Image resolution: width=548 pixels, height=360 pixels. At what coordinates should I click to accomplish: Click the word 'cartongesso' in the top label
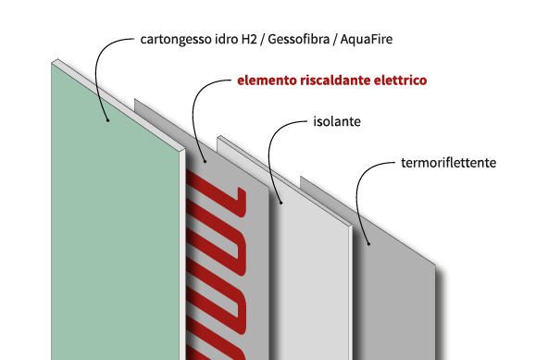(x=176, y=41)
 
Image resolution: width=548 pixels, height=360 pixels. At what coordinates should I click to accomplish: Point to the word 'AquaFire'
(x=379, y=41)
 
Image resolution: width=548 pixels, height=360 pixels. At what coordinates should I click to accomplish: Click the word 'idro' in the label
(x=226, y=41)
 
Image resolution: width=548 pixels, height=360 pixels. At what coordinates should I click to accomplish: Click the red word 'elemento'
(x=267, y=81)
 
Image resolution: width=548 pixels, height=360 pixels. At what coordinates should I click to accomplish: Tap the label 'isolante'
(x=335, y=121)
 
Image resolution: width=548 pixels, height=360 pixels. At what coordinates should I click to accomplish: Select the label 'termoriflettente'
(x=450, y=162)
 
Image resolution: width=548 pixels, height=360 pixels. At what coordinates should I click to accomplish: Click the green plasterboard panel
(x=111, y=231)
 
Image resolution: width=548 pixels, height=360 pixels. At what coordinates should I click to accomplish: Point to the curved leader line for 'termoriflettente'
(x=363, y=185)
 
